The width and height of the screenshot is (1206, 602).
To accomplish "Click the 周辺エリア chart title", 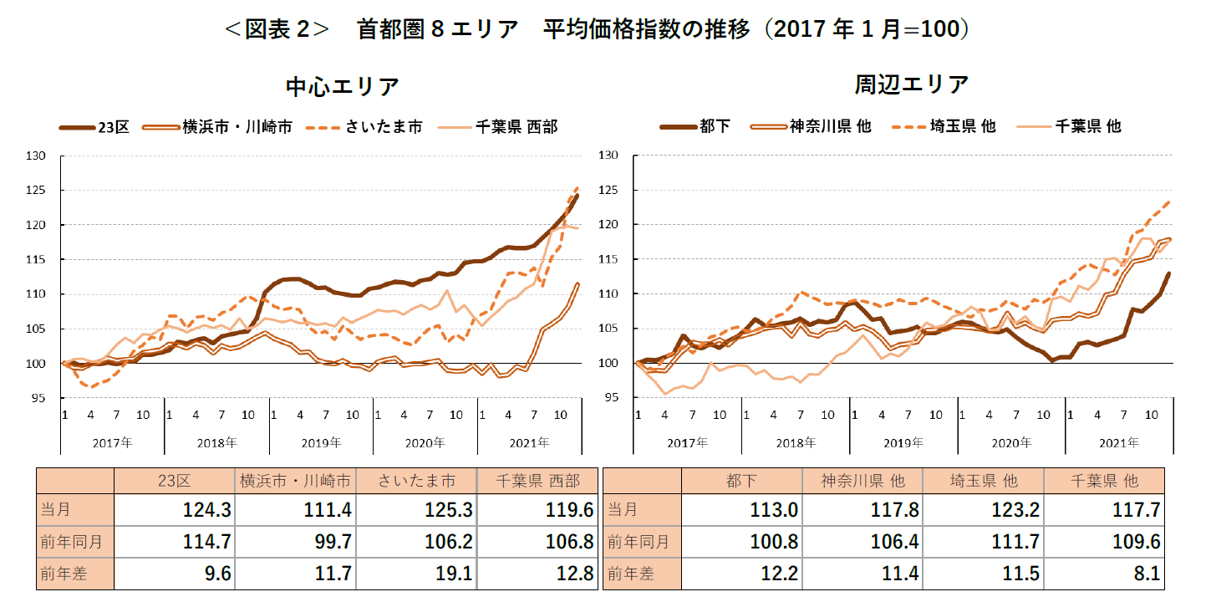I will coord(911,84).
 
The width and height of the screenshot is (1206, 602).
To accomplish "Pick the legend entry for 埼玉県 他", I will coord(962,126).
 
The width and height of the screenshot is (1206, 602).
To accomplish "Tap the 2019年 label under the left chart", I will coord(321,442).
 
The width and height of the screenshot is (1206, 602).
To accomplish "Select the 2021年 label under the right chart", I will coord(1118,442).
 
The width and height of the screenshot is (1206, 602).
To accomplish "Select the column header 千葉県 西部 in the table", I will coord(537,481).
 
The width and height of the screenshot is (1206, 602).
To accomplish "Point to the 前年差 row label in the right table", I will coord(628,574).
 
